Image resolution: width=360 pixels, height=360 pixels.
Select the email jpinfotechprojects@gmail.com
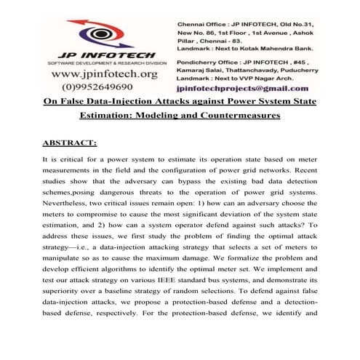[247, 87]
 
